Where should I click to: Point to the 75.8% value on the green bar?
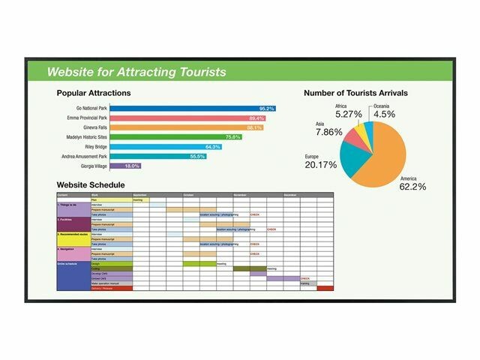pos(233,137)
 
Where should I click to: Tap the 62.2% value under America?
pos(412,186)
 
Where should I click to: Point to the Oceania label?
pos(384,106)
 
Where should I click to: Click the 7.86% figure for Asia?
pos(329,132)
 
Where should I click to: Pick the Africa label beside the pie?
pos(341,106)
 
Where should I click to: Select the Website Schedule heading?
pos(91,184)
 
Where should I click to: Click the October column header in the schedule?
pos(188,195)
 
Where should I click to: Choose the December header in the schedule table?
pos(291,195)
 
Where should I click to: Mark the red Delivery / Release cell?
pos(111,289)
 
